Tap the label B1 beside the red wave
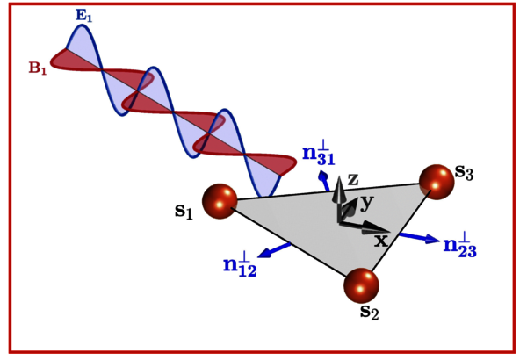click(38, 68)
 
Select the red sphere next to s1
click(220, 201)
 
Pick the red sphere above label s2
click(361, 285)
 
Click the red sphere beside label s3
click(437, 182)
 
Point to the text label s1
click(184, 211)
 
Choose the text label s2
click(370, 311)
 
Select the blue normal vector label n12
click(239, 264)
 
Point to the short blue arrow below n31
click(324, 181)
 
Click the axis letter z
click(353, 179)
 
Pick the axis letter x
click(380, 240)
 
